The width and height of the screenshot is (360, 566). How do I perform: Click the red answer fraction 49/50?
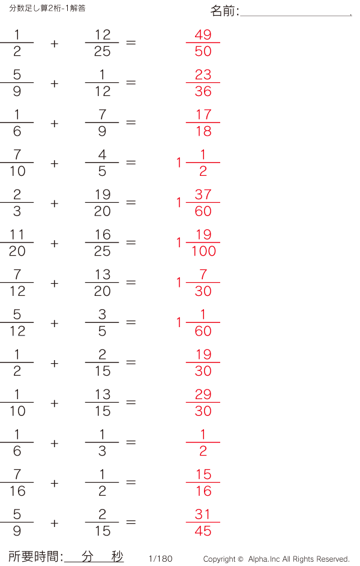pos(203,43)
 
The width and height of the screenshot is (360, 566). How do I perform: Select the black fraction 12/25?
pos(102,43)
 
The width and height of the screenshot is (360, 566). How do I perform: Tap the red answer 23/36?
pos(203,83)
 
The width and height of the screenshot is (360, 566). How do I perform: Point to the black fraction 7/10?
pos(17,163)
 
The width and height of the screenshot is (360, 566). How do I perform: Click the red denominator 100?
pos(203,251)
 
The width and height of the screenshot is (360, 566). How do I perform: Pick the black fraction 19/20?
pos(102,203)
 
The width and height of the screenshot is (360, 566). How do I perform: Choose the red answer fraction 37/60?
pos(203,203)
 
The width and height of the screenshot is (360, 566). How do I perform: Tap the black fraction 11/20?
pos(17,243)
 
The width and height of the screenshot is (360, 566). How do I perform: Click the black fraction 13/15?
pos(102,403)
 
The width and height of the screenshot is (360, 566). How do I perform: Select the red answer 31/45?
pos(203,523)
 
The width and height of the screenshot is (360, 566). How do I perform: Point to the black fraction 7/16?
pos(17,483)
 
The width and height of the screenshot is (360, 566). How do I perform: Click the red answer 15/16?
pos(203,483)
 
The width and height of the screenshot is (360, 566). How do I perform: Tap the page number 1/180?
pos(161,559)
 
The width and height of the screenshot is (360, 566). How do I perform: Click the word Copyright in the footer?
pos(220,559)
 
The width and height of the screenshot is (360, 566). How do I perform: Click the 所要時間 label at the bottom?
pos(33,556)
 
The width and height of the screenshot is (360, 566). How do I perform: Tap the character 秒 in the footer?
pos(117,556)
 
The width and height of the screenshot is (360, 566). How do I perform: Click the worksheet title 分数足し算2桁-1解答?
pos(47,8)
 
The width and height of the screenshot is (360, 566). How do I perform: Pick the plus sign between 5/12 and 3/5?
pos(55,323)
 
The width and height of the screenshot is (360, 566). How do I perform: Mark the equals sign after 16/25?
pos(131,242)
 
